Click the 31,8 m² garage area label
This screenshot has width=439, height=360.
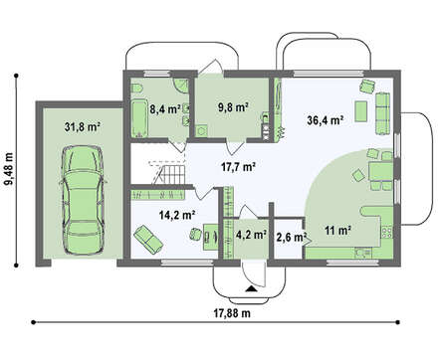82,127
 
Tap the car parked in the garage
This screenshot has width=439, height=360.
83,200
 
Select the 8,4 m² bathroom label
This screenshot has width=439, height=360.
165,108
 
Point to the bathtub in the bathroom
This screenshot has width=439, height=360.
138,117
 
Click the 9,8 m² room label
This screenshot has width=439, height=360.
233,107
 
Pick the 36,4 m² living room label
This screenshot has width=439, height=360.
325,120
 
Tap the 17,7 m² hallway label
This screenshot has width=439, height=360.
238,166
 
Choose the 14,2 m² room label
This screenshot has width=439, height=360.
176,215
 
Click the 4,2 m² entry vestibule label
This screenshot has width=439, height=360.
252,235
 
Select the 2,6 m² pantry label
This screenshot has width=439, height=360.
291,237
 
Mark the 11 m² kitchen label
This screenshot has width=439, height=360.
338,230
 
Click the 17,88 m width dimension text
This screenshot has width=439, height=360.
232,313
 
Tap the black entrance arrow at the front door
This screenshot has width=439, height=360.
251,288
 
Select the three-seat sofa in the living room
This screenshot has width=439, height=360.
382,113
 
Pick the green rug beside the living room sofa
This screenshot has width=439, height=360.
361,111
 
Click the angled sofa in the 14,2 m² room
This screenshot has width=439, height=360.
148,239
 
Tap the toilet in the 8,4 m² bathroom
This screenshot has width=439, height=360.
136,89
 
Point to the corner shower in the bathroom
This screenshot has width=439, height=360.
182,86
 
